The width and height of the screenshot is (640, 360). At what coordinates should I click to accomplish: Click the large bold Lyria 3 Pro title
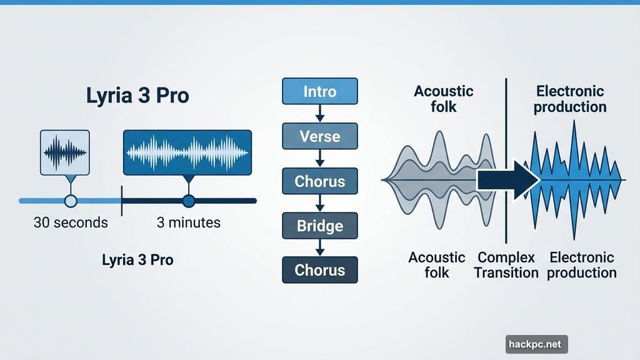click(137, 97)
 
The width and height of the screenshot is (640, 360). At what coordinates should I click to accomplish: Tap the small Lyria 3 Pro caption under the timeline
click(137, 259)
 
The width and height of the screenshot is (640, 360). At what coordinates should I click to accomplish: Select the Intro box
click(320, 91)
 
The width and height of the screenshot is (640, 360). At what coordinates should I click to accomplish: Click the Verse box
click(320, 136)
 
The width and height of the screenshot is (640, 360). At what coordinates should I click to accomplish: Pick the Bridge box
click(320, 225)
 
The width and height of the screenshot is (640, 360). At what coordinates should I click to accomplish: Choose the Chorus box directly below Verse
click(320, 181)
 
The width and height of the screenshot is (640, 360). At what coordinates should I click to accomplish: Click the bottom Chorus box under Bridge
click(320, 270)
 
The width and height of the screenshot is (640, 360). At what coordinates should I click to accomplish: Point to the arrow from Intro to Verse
click(320, 114)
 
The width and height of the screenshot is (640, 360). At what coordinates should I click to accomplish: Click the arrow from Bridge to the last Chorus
click(320, 247)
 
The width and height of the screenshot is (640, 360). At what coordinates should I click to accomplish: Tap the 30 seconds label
click(71, 222)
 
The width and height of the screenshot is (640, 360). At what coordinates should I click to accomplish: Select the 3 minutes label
click(188, 222)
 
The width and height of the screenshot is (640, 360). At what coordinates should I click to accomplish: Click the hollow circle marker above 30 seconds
click(71, 201)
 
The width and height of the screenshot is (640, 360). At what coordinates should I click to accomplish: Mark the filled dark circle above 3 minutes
click(188, 201)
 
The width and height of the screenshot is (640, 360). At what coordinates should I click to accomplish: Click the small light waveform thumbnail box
click(64, 152)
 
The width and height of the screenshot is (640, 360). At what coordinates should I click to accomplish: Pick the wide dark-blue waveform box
click(187, 152)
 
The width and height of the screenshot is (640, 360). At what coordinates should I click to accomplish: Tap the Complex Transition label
click(506, 265)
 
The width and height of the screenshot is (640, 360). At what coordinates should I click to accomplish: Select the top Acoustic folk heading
click(444, 99)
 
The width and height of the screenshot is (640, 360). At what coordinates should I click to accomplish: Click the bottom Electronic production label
click(582, 265)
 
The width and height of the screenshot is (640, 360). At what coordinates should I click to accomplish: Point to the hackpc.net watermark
click(536, 344)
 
